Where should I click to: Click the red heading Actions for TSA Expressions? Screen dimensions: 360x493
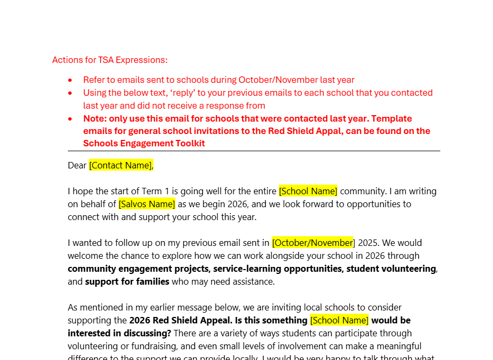tap(110, 60)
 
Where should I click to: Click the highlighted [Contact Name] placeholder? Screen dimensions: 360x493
tap(121, 165)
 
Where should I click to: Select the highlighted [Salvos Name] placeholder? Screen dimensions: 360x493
tap(147, 204)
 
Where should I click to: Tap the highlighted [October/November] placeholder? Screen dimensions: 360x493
tap(313, 243)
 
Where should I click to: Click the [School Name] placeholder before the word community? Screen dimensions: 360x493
tap(308, 191)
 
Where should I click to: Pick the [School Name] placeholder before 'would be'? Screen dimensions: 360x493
tap(339, 320)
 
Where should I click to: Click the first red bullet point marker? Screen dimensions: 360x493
tap(70, 80)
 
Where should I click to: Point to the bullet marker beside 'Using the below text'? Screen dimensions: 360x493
tap(70, 93)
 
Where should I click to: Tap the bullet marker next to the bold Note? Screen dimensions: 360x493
tap(70, 119)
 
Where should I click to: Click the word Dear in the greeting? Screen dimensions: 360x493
tap(77, 165)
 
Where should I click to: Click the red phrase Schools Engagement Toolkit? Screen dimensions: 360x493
tap(144, 143)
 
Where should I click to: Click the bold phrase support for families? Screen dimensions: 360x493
tap(127, 281)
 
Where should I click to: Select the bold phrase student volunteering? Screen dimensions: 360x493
tap(391, 269)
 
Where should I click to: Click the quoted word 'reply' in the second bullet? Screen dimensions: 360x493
tap(185, 93)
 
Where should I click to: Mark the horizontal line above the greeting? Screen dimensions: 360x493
tap(253, 151)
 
